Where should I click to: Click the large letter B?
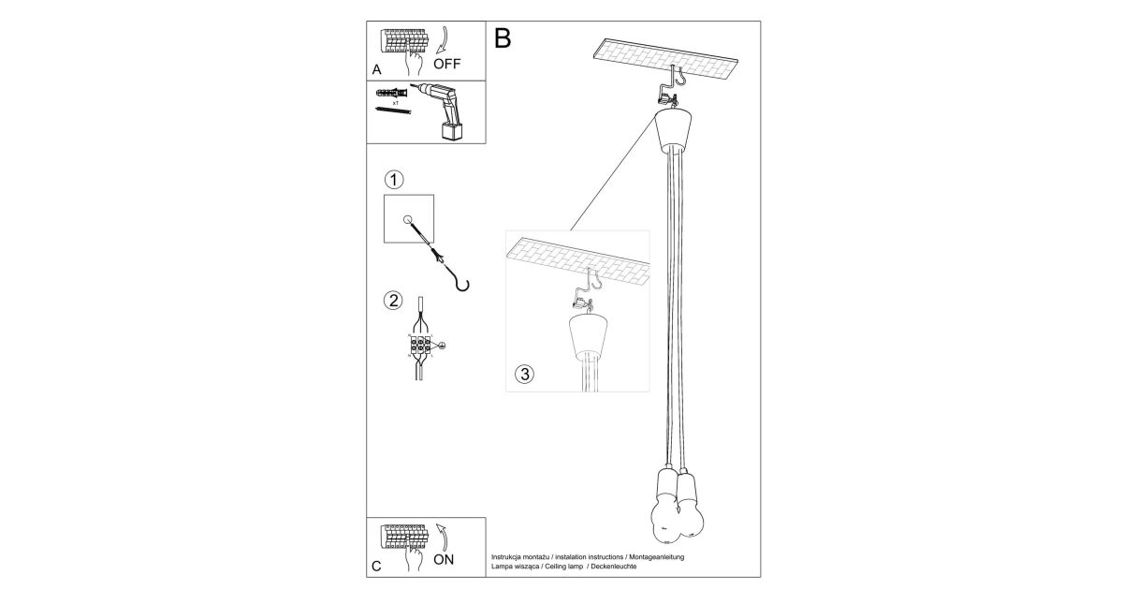click(x=503, y=38)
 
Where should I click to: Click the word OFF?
click(x=446, y=64)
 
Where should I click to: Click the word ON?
click(x=444, y=559)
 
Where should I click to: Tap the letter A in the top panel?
click(x=376, y=69)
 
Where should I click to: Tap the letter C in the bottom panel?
click(x=376, y=567)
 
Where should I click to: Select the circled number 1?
click(x=394, y=180)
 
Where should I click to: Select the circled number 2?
click(x=393, y=301)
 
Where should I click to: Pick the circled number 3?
click(x=525, y=375)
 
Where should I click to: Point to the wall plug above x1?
click(x=391, y=94)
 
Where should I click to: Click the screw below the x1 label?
click(x=393, y=110)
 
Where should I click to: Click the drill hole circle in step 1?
click(x=408, y=220)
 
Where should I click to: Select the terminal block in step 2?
click(x=420, y=345)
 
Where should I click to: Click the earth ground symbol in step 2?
click(x=442, y=346)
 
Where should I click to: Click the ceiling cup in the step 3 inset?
click(x=588, y=336)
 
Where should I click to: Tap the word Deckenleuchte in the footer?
click(x=614, y=567)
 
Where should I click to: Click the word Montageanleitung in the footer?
click(x=657, y=557)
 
